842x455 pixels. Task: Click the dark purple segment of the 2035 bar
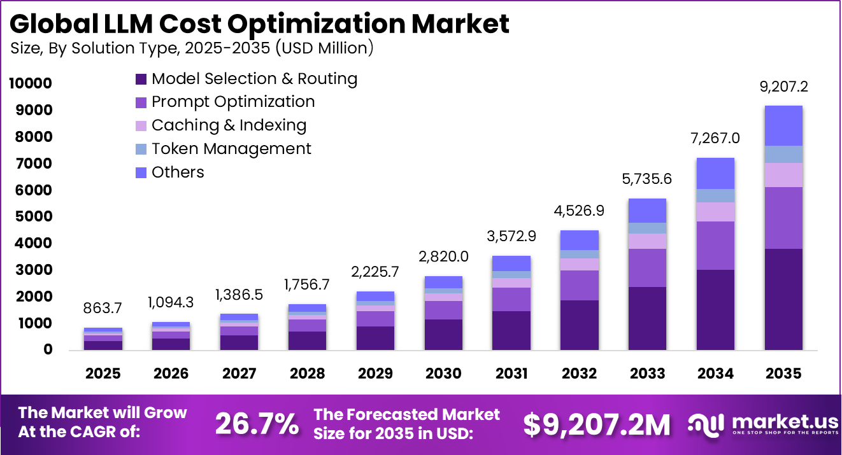point(783,299)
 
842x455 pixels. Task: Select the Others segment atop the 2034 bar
point(715,173)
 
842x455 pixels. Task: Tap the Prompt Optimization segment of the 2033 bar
point(647,267)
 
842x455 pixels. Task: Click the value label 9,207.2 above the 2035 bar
point(783,87)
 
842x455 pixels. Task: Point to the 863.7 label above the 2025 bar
point(103,309)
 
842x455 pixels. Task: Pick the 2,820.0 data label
point(443,256)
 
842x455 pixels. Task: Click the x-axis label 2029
point(375,374)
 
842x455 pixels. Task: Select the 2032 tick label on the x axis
point(579,374)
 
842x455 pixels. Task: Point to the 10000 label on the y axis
point(30,83)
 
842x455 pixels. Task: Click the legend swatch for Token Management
point(141,149)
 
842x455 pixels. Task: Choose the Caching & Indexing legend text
point(229,125)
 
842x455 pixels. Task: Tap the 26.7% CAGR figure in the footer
point(257,424)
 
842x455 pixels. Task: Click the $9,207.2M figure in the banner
point(597,424)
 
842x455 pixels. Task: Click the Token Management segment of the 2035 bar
point(783,154)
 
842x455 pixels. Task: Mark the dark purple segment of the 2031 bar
point(511,330)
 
